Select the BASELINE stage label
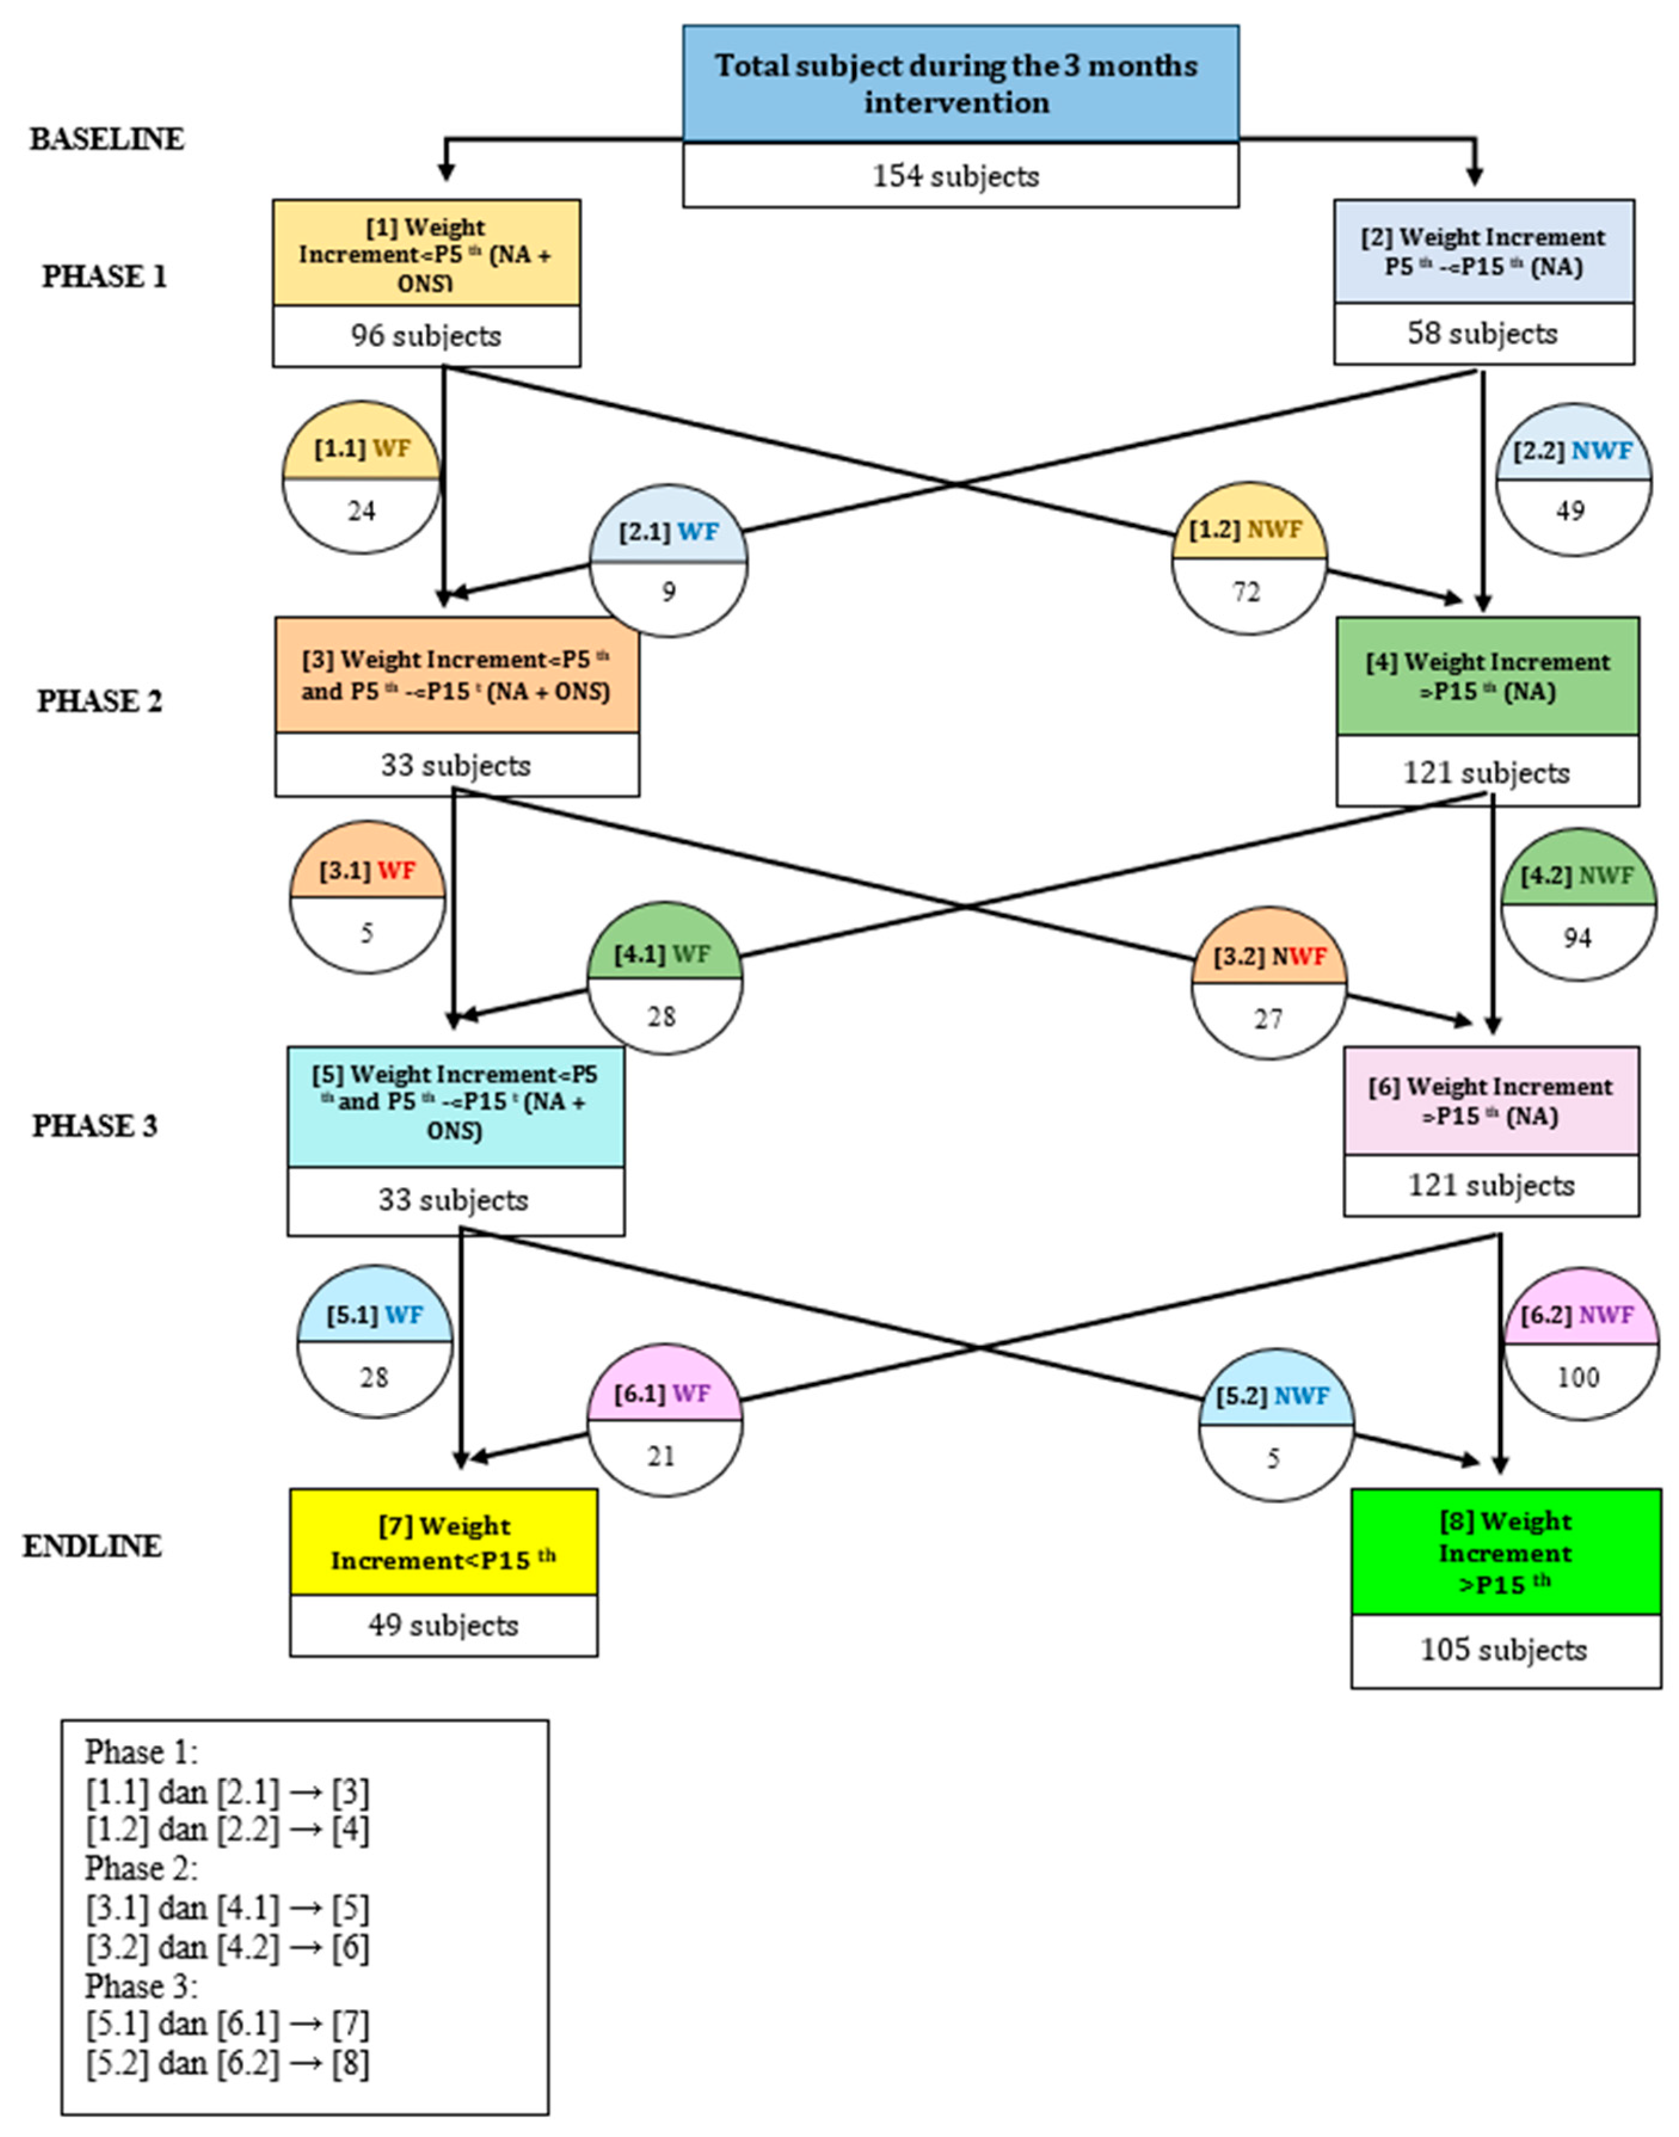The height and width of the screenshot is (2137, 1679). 106,139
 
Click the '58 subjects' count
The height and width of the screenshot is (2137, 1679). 1483,333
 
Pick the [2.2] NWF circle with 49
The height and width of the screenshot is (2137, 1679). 1573,479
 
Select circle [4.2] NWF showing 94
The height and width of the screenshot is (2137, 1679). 1577,905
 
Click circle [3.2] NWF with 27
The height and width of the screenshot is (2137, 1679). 1268,983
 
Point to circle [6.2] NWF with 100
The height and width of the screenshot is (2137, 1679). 1580,1343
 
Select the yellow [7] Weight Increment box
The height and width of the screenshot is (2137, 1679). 444,1541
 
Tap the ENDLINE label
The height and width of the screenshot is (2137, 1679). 93,1546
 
